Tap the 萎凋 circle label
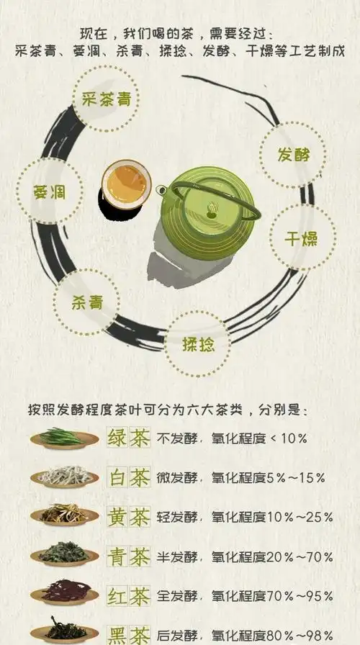(49, 191)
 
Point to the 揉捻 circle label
(199, 344)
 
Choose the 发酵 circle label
(292, 154)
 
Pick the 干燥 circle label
(302, 238)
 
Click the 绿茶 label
(128, 437)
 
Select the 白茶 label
(128, 477)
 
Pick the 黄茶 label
(128, 516)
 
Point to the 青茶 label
(128, 556)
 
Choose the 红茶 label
(128, 595)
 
